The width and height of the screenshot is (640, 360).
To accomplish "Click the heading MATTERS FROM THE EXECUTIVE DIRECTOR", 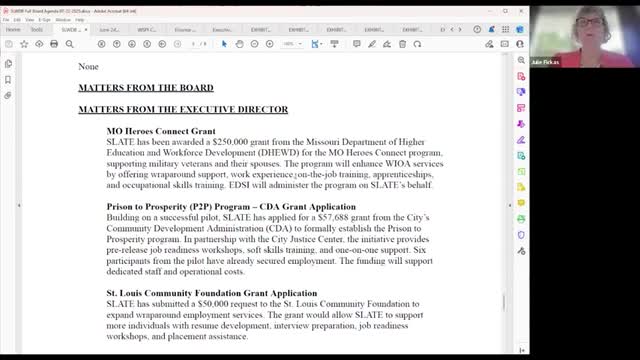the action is tap(183, 109).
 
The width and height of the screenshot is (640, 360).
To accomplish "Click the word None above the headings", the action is tap(89, 67).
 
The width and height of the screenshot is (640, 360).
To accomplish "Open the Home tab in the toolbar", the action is tap(11, 30).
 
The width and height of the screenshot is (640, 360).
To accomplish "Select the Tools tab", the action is tap(36, 30).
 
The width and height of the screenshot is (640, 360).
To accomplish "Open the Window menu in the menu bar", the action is tap(91, 18).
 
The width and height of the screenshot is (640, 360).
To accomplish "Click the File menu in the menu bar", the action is tap(7, 18).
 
